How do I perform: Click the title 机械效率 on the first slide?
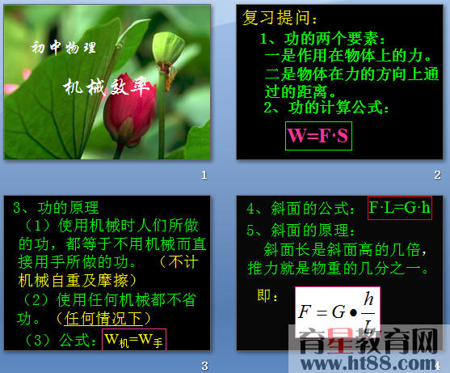click(108, 87)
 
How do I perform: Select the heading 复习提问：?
click(280, 19)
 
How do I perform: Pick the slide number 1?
click(205, 175)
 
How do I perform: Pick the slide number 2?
click(437, 175)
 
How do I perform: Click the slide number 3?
click(205, 365)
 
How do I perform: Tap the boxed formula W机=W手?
click(137, 339)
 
